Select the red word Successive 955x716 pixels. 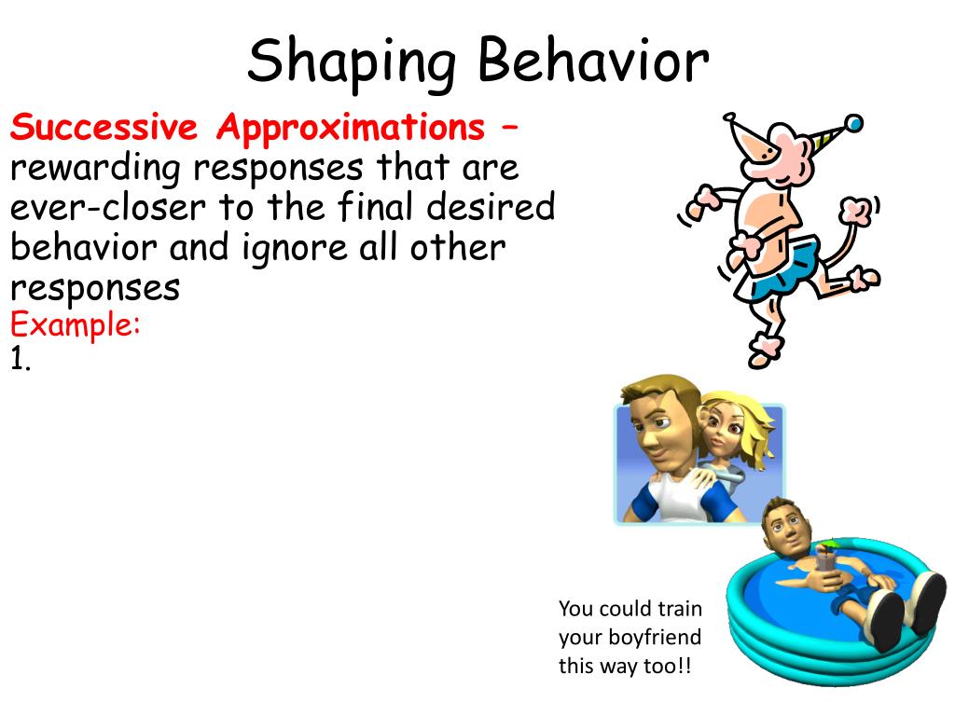[x=104, y=127]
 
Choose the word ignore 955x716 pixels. [x=292, y=248]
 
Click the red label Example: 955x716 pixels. [x=76, y=326]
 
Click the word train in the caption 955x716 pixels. [x=680, y=609]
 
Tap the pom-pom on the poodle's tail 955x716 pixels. [x=855, y=210]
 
